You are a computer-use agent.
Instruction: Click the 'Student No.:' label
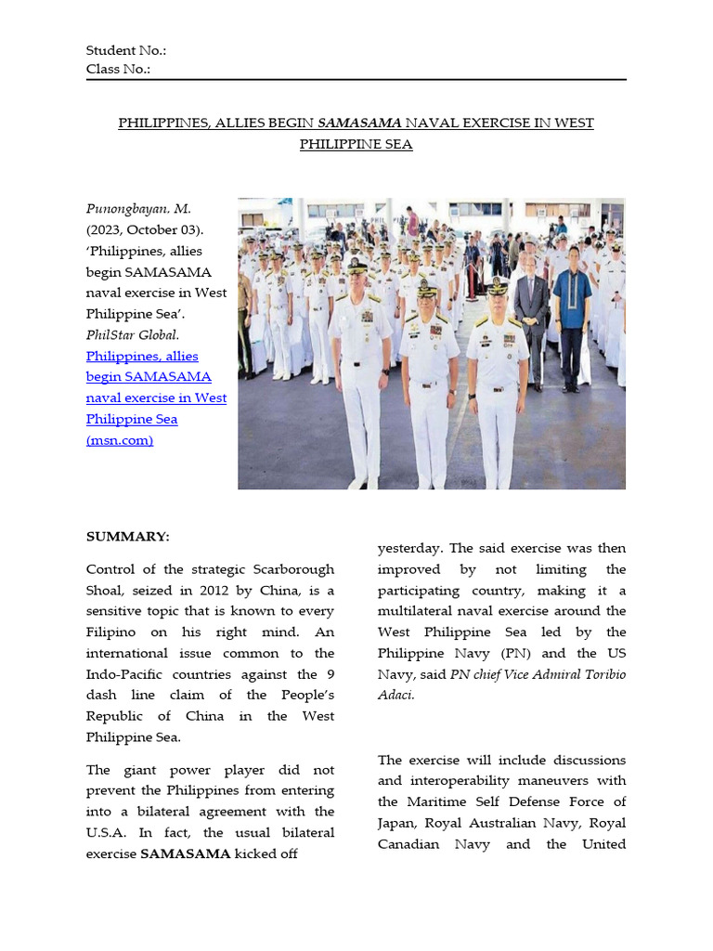pyautogui.click(x=126, y=51)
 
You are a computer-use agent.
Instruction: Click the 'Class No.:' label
pyautogui.click(x=119, y=70)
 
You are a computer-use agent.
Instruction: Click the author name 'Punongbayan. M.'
pyautogui.click(x=138, y=209)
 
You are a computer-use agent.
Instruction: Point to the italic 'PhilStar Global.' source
pyautogui.click(x=133, y=334)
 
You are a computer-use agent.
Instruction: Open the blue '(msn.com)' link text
pyautogui.click(x=120, y=440)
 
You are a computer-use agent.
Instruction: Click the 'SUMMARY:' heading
pyautogui.click(x=128, y=537)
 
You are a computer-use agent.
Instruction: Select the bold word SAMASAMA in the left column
pyautogui.click(x=185, y=854)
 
